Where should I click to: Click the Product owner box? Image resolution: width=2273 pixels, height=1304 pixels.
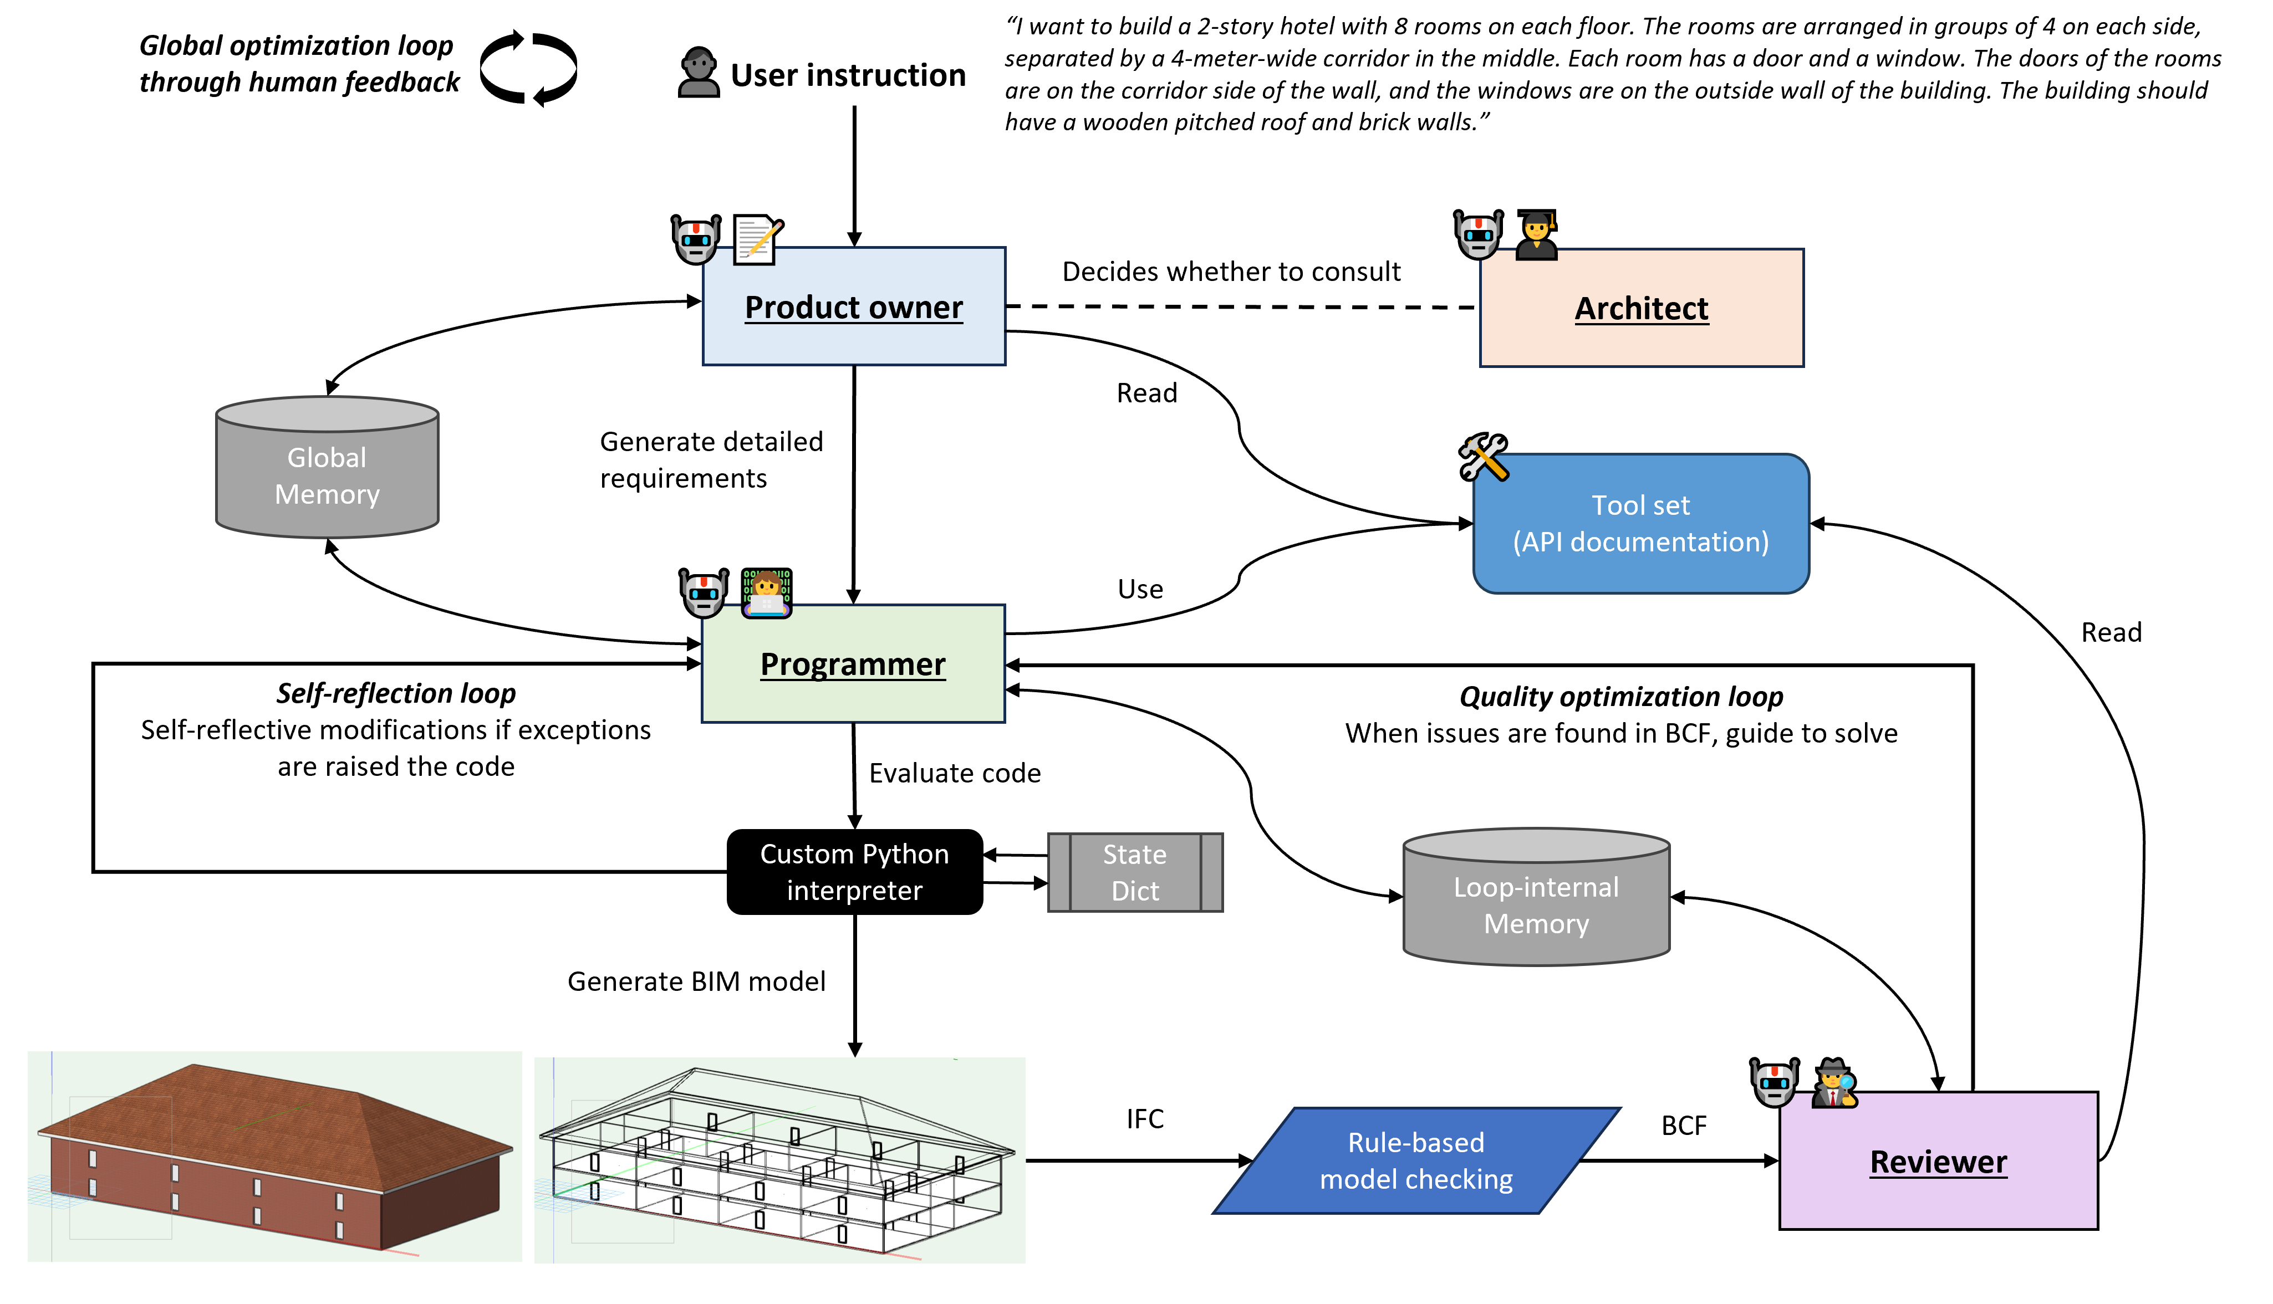[853, 306]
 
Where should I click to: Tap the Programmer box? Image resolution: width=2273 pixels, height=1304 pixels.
[853, 664]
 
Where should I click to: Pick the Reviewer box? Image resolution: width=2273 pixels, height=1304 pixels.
[1938, 1160]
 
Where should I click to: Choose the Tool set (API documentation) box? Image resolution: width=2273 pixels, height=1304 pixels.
[1640, 524]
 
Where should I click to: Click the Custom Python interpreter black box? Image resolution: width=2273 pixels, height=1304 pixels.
[854, 871]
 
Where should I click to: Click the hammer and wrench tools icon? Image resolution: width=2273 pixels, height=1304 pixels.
[1483, 457]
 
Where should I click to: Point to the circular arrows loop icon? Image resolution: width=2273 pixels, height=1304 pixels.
[528, 69]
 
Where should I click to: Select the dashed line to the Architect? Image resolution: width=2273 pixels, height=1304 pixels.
[1241, 306]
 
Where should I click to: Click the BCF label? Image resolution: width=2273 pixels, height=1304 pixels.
[1684, 1126]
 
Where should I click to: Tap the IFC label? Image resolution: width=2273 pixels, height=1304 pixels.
[1144, 1118]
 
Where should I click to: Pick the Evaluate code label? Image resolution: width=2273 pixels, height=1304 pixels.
[954, 773]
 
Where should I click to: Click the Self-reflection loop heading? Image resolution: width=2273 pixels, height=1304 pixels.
[395, 693]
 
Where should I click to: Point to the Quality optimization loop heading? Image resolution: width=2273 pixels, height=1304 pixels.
[1620, 696]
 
